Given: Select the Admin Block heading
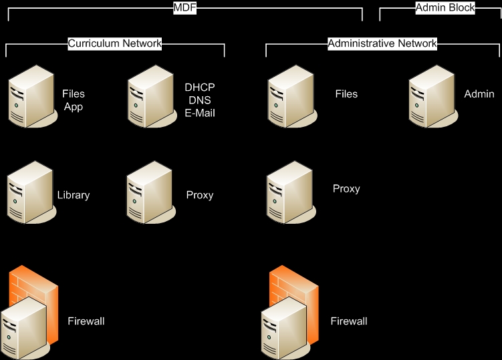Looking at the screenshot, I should (445, 8).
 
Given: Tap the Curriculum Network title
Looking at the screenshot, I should (115, 43).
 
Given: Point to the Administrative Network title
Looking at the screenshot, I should (382, 43).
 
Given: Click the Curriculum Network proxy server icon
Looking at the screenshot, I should (148, 194).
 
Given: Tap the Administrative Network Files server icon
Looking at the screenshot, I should (289, 98).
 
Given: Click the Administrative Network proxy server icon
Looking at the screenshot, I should (289, 193).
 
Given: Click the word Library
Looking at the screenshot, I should (74, 196).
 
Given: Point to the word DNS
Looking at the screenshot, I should (200, 100).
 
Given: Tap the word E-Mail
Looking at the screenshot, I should (200, 113).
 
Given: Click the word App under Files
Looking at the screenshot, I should (74, 106).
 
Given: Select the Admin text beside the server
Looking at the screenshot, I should (479, 94).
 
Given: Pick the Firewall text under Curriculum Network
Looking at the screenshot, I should (86, 321).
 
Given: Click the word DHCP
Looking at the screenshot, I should (200, 87).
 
